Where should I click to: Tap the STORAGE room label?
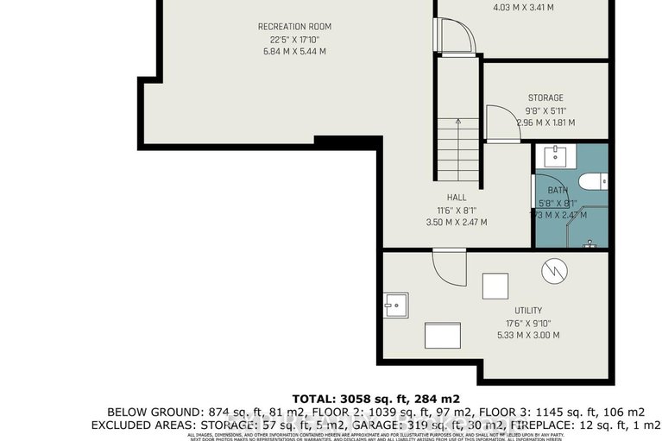coord(545,98)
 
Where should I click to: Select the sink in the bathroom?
coord(553,156)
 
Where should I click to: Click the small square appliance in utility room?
coord(495,285)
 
